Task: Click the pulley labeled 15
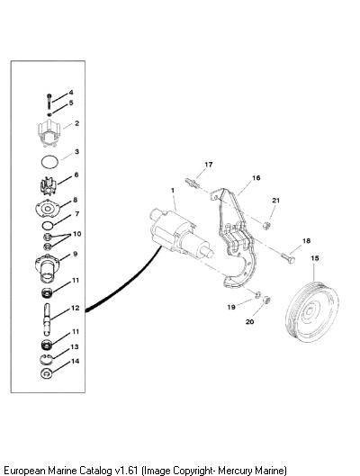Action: [311, 312]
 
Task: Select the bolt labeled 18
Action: [288, 258]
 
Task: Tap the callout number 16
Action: [256, 177]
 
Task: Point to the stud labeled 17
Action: [191, 183]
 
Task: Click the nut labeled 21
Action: [266, 225]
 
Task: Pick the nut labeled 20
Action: [266, 300]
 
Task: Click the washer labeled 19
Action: [257, 294]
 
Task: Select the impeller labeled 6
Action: [49, 185]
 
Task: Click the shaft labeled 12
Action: [47, 319]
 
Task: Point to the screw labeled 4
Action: [49, 102]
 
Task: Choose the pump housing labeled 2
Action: [49, 132]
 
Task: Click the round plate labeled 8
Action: [48, 209]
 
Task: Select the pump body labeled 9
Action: [48, 268]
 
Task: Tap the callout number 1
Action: [173, 191]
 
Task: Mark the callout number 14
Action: [75, 361]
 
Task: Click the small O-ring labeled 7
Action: [48, 226]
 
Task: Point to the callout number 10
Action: [76, 234]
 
